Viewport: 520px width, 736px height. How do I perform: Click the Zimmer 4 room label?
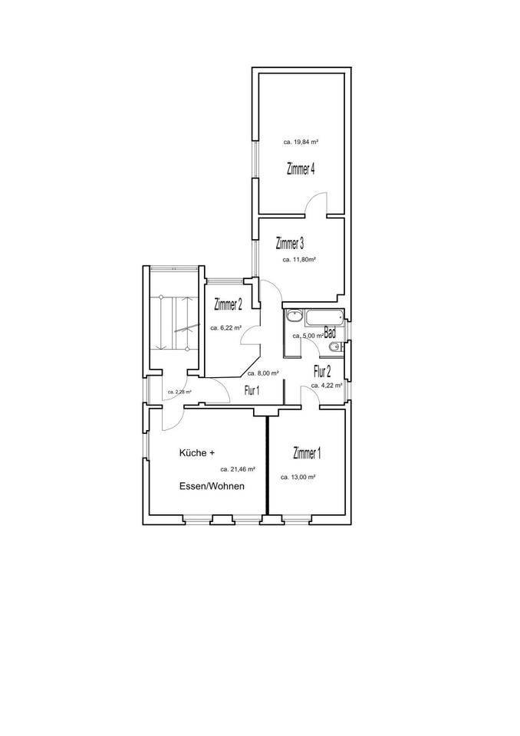point(301,170)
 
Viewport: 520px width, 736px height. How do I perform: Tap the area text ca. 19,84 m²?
point(300,142)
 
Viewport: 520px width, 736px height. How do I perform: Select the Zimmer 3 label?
point(290,244)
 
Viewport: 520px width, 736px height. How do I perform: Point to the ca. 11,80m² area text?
point(300,260)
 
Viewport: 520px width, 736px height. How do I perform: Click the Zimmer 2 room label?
point(229,304)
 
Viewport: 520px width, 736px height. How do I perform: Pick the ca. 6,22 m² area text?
point(225,327)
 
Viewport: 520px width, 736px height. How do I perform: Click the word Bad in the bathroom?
point(330,333)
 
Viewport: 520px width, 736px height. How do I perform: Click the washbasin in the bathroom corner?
point(294,315)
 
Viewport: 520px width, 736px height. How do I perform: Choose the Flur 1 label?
point(252,390)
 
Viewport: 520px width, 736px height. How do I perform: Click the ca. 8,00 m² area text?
point(262,373)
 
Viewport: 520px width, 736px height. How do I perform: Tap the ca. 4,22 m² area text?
point(327,386)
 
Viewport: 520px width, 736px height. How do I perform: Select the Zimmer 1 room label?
point(307,454)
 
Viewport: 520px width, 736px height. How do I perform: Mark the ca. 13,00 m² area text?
point(301,476)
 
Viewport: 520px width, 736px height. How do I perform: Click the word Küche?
point(193,453)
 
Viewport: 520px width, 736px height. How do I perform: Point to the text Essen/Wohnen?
point(212,486)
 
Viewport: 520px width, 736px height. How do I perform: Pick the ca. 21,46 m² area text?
point(238,468)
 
